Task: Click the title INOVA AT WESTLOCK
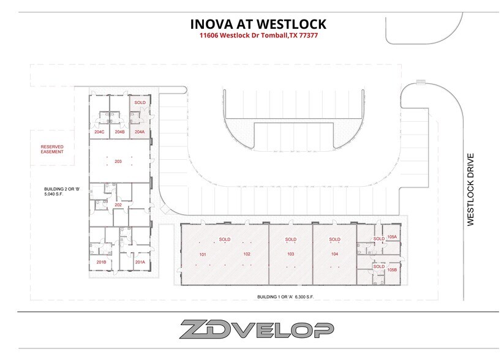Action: point(257,24)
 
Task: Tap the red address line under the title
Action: point(257,36)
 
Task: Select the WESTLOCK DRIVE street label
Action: point(471,190)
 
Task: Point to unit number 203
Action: point(118,161)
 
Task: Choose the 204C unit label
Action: point(99,132)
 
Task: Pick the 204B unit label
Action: point(119,132)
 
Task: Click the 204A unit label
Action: point(140,132)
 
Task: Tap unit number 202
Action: point(118,204)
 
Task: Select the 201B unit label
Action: point(102,262)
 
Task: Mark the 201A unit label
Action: point(140,262)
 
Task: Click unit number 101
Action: point(203,253)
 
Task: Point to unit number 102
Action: point(246,253)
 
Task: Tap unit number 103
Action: point(290,253)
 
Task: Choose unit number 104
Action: point(334,253)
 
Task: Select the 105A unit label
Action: point(393,236)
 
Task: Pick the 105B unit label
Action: point(393,269)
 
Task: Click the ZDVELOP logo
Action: point(257,330)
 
